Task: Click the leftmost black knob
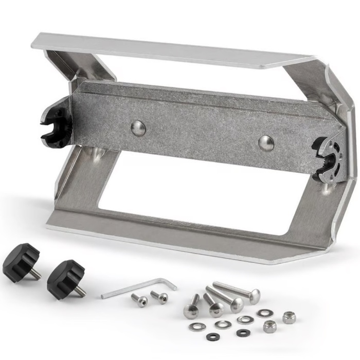[21, 262]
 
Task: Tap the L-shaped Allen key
[134, 288]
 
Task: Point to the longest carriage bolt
[237, 290]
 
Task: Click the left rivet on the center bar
[138, 128]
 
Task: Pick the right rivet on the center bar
[266, 143]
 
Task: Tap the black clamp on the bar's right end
[327, 157]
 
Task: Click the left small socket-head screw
[139, 300]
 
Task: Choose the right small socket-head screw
[159, 297]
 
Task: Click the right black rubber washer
[243, 333]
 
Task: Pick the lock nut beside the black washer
[269, 326]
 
